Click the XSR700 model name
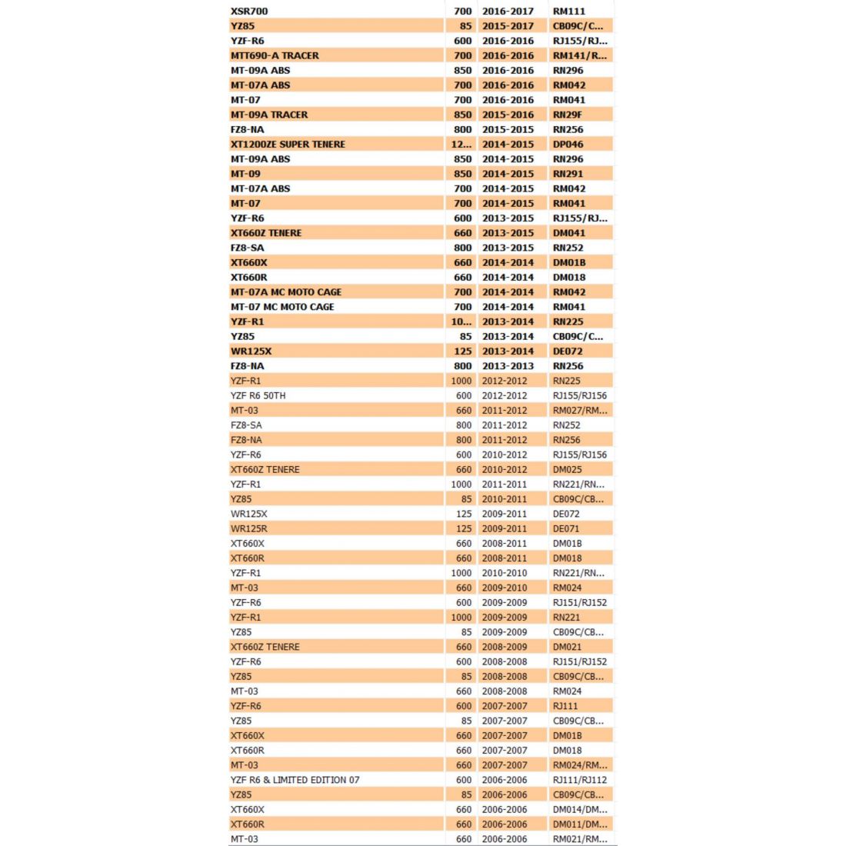(249, 12)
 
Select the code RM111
(569, 12)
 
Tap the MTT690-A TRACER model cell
(275, 55)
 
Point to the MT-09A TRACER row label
(269, 115)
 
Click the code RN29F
(568, 115)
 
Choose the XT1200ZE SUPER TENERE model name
(288, 145)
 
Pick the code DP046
(568, 145)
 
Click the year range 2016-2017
(508, 12)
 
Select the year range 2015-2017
(508, 26)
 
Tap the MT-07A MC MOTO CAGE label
(286, 292)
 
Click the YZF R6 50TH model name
(258, 396)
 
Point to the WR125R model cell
(249, 529)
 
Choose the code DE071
(566, 529)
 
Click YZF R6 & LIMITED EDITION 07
(295, 780)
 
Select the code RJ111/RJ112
(580, 780)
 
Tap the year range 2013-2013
(508, 366)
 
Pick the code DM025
(568, 470)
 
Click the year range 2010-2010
(505, 573)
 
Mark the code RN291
(568, 174)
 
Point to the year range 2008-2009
(505, 647)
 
